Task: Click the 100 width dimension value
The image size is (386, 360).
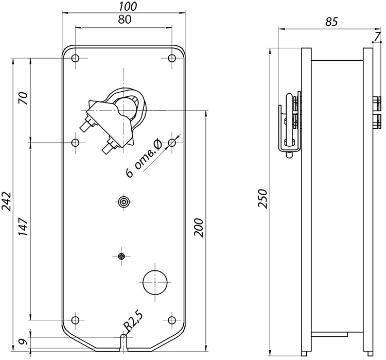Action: click(x=128, y=6)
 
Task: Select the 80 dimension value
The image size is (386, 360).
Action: click(x=125, y=19)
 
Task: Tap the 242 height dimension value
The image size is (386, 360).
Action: click(x=7, y=201)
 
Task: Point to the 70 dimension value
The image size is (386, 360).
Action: click(x=24, y=98)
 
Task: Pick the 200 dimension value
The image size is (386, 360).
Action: click(x=199, y=228)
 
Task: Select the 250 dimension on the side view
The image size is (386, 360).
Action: click(x=262, y=199)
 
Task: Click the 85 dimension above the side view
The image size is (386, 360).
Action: click(x=331, y=22)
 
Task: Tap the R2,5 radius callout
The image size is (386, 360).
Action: click(x=133, y=321)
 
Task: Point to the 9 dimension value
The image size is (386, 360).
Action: click(x=23, y=342)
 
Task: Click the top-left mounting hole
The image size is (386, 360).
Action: click(x=75, y=58)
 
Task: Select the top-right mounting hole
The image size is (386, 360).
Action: click(x=172, y=58)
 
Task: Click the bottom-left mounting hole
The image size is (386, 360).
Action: click(x=75, y=320)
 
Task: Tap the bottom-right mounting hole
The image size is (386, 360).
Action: click(x=172, y=320)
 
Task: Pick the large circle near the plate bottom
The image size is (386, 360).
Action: click(x=155, y=282)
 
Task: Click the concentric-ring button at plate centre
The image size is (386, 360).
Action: click(x=124, y=202)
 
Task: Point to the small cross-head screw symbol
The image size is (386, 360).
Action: click(x=121, y=256)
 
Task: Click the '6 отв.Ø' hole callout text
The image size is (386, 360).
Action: click(x=144, y=158)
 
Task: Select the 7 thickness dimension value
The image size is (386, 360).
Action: click(x=378, y=37)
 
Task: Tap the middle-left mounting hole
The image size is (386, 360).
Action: click(x=75, y=143)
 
